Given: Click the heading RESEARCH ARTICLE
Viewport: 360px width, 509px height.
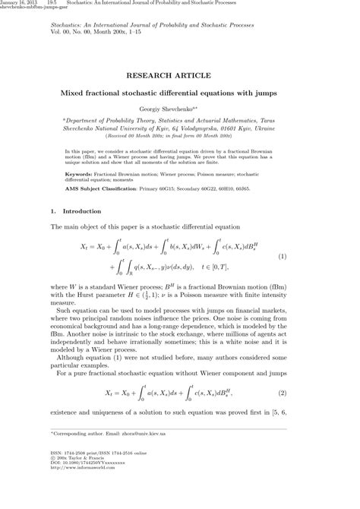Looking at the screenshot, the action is [179, 76].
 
